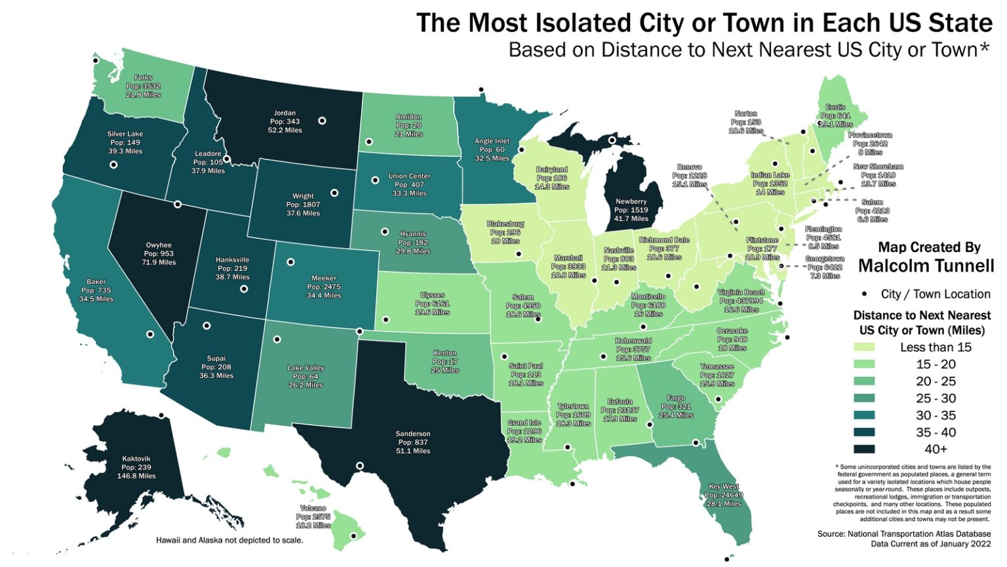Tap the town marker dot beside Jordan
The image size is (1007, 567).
pos(322,121)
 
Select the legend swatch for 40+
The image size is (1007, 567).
pos(864,450)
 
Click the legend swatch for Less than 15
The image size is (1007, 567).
pos(864,347)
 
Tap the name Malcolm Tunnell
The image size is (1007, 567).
pos(926,266)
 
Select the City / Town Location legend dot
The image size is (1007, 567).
pos(864,294)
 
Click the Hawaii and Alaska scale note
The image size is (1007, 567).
pos(229,540)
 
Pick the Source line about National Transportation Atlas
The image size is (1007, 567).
pos(904,534)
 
